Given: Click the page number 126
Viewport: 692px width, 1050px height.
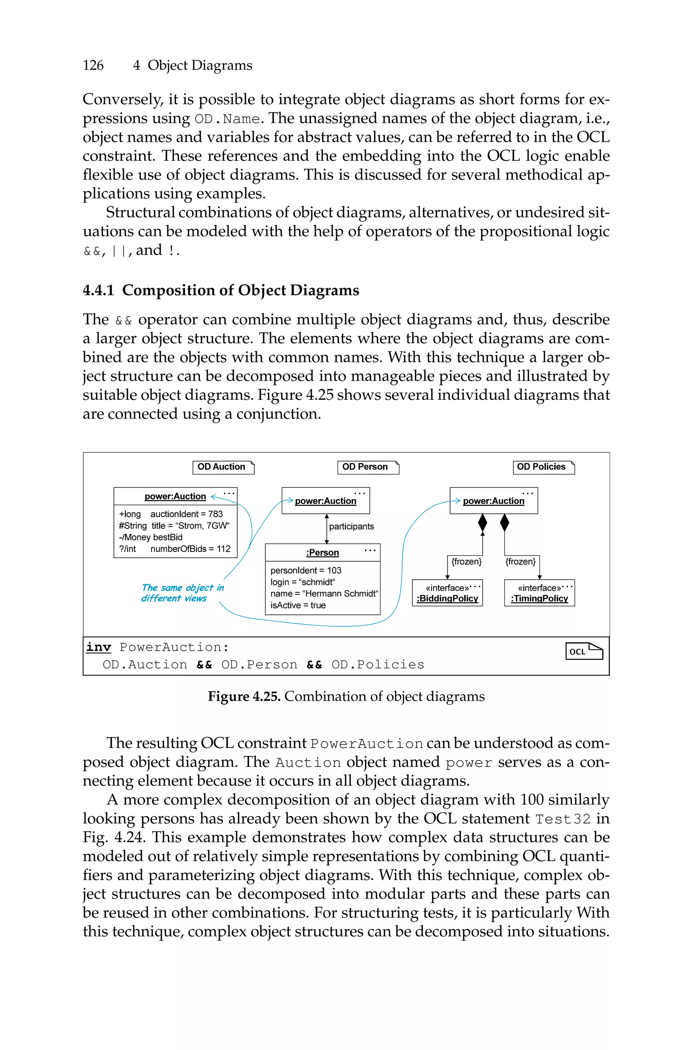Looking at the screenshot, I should (x=93, y=65).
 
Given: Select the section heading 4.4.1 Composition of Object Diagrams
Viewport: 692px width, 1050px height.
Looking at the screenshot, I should (x=221, y=290).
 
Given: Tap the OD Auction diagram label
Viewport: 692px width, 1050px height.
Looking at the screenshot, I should (x=222, y=467).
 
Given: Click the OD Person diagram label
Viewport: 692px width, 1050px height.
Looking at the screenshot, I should (x=365, y=467).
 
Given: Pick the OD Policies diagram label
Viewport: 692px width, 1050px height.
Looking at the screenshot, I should (x=542, y=467).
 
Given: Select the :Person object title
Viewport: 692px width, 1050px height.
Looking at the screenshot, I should (x=323, y=553).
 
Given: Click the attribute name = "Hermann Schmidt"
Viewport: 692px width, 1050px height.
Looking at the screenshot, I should (x=324, y=593).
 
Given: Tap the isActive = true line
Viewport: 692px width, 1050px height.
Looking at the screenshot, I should (x=298, y=605).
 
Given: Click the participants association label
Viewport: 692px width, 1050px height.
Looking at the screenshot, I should (x=351, y=526).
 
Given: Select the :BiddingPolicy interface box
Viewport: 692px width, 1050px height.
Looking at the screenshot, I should (x=447, y=593).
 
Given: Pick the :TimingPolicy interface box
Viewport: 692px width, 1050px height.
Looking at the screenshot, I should (x=540, y=593).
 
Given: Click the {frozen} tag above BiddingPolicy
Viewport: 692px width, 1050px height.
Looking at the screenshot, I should (x=467, y=562).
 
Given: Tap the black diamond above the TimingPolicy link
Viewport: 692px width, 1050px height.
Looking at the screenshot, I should (x=505, y=523).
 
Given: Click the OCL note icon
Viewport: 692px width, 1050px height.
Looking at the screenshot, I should (x=584, y=651).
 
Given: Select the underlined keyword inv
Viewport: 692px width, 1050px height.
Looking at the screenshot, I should (x=98, y=647).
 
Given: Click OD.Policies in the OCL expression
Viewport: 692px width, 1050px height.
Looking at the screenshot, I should (x=378, y=665).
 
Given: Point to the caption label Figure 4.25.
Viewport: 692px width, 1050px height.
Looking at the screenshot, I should (x=244, y=697).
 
